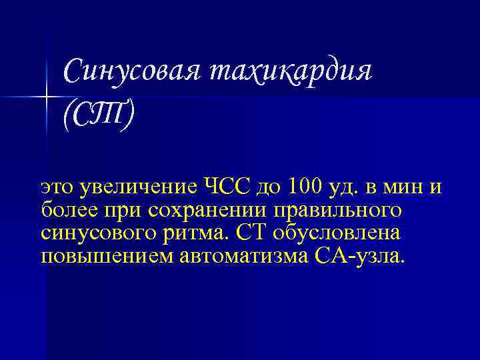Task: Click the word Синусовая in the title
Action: (131, 70)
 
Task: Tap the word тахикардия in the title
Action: (290, 70)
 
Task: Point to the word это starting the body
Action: (57, 187)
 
